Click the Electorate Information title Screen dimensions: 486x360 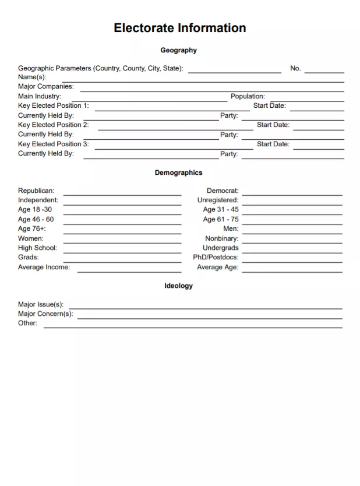click(x=179, y=28)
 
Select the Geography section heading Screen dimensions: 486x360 click(x=179, y=51)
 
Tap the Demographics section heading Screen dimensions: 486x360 click(x=178, y=173)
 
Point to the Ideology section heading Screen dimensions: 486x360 click(x=178, y=286)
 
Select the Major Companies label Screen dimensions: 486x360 click(x=46, y=87)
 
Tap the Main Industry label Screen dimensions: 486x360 click(x=40, y=97)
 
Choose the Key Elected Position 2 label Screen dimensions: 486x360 click(x=54, y=125)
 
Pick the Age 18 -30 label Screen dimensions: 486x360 click(x=35, y=210)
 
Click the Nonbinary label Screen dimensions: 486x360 click(x=221, y=239)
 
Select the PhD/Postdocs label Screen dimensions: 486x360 click(x=216, y=258)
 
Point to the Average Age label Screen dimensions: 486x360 click(x=217, y=267)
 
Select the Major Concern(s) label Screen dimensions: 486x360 click(x=45, y=314)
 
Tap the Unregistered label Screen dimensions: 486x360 click(x=218, y=200)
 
